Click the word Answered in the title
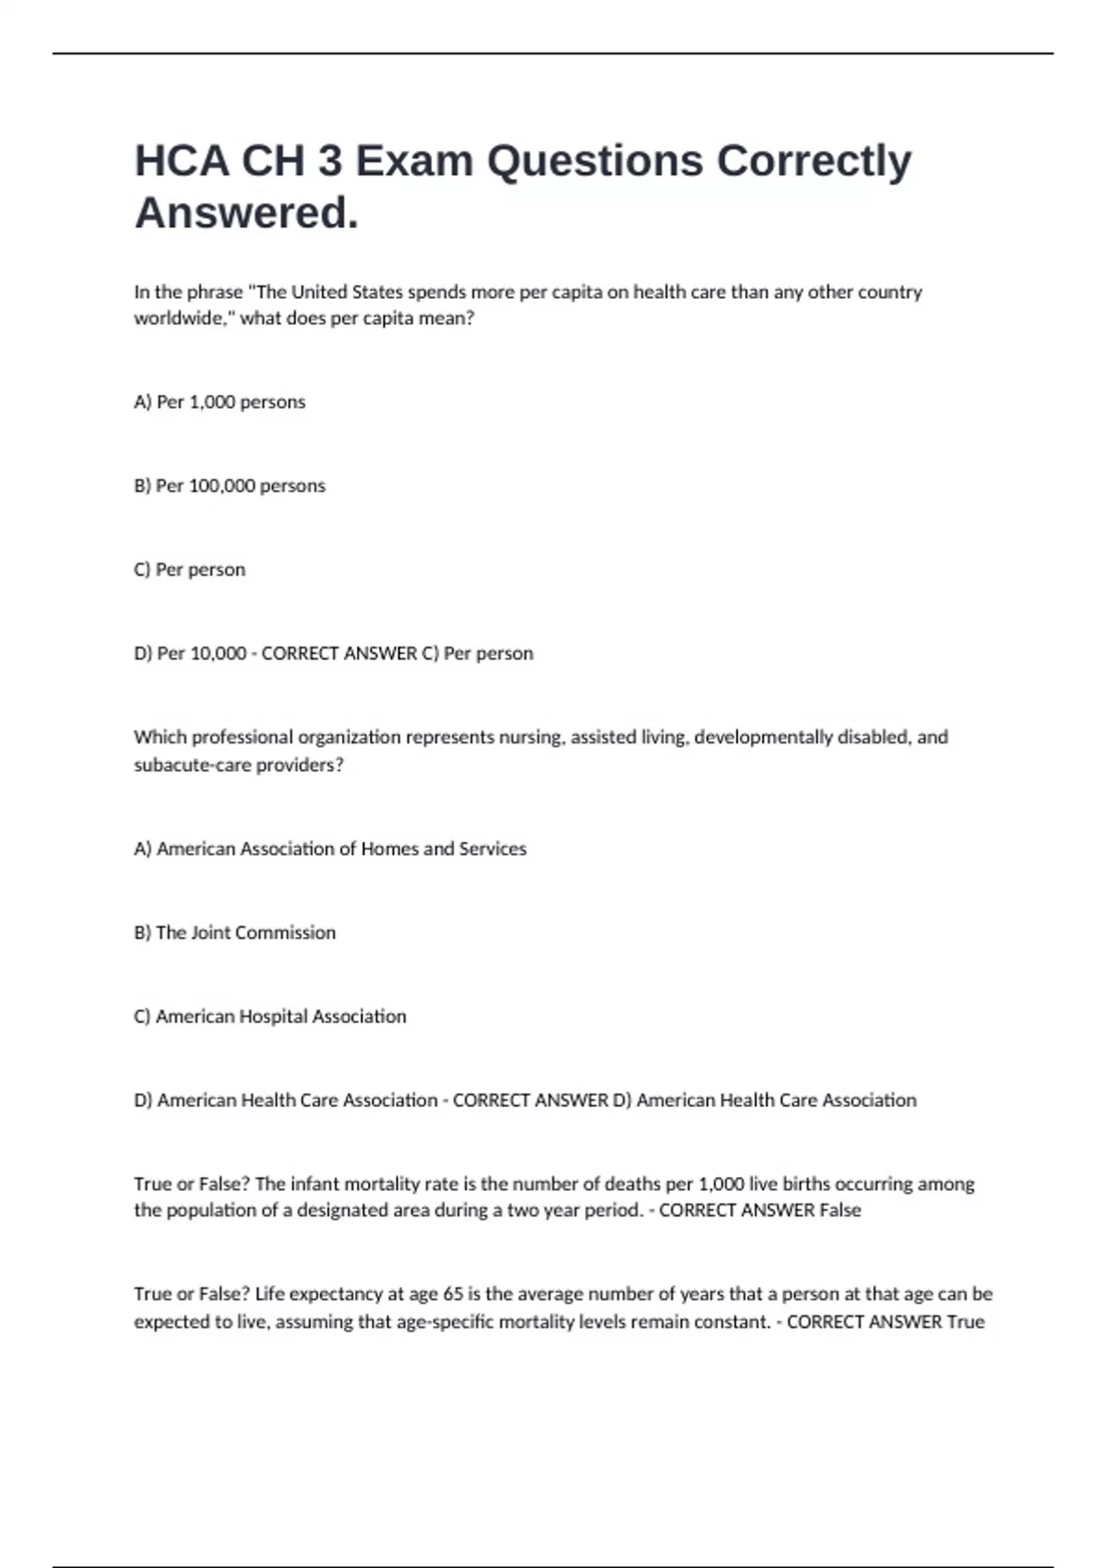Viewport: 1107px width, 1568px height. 245,214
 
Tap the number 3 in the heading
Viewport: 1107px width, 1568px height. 330,161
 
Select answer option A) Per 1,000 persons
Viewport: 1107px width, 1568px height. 220,402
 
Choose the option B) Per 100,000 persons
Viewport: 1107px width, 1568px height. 230,486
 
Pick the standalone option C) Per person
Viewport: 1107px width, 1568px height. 189,570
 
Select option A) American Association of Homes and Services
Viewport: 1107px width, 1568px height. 330,849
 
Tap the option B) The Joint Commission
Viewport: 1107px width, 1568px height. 234,932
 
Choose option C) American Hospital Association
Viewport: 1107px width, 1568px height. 270,1016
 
